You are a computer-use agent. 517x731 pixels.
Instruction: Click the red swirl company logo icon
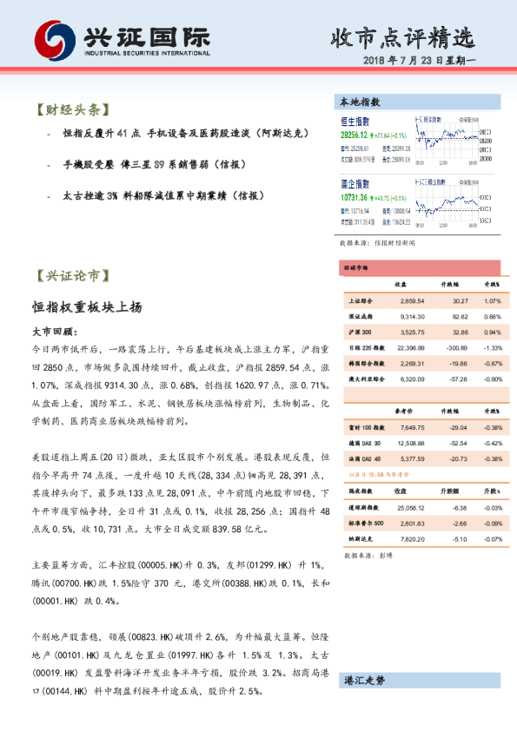tap(52, 40)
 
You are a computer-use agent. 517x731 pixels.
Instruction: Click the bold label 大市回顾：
tap(54, 332)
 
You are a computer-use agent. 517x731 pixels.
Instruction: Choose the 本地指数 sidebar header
tap(359, 102)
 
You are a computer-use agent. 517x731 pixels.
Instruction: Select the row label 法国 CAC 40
tap(364, 458)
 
